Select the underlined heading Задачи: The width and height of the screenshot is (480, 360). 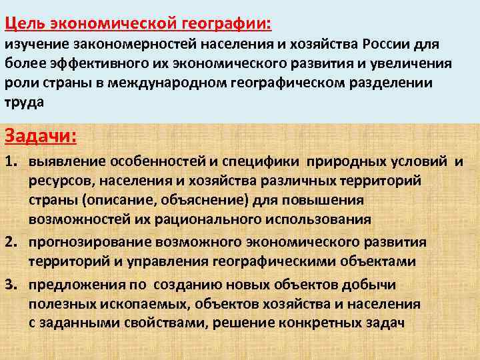[x=41, y=137]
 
